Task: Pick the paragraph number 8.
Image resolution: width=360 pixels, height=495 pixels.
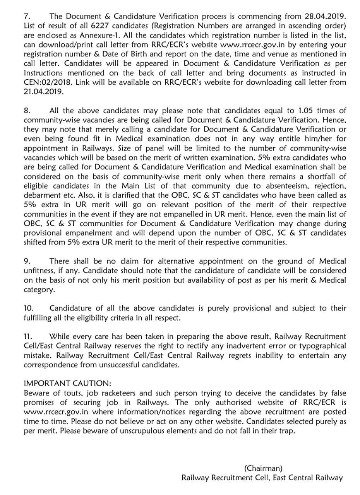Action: pos(27,111)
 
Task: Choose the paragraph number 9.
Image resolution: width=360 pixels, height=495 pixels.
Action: pos(27,261)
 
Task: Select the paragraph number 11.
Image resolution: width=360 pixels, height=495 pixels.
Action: pos(28,336)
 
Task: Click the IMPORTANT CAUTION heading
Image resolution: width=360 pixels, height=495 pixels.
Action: pos(67,384)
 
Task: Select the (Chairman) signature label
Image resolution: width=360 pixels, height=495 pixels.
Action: pos(263,468)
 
